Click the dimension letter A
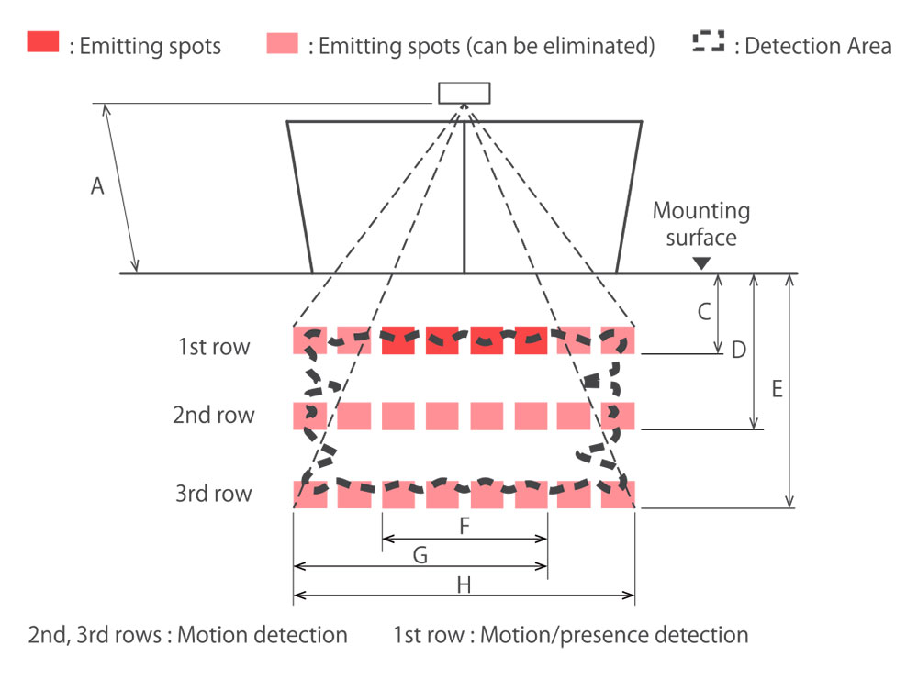pos(97,187)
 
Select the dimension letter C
pos(704,312)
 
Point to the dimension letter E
pos(777,389)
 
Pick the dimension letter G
pos(420,554)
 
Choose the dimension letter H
pos(464,584)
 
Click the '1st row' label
pos(214,347)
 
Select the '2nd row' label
pos(214,416)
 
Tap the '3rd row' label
pos(214,494)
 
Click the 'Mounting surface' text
pos(701,225)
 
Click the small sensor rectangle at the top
pos(464,93)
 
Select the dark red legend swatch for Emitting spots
pos(44,43)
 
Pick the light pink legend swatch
pos(282,43)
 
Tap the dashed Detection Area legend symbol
pos(708,42)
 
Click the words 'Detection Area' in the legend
pos(818,46)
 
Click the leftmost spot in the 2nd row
pos(309,416)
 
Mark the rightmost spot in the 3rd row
pos(618,494)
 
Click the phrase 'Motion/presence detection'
pos(614,634)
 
